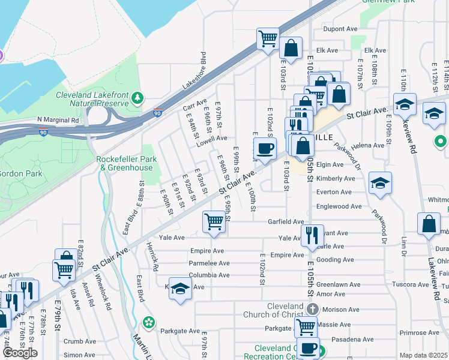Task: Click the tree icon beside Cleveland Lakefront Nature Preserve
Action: (x=138, y=97)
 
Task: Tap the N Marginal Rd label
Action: (x=58, y=120)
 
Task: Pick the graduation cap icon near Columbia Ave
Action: (x=180, y=288)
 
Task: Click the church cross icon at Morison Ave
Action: (x=312, y=309)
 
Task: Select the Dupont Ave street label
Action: (x=340, y=29)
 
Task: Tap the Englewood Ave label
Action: (x=339, y=206)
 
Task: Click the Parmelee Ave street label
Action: (x=209, y=263)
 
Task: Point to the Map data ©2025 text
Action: (x=424, y=355)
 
